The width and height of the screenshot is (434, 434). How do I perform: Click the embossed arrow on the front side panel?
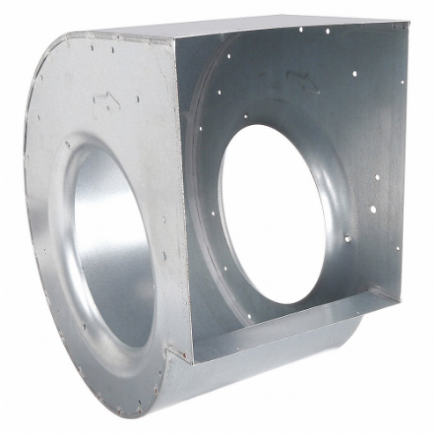pyautogui.click(x=107, y=105)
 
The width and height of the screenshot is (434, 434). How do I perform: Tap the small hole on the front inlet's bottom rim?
pyautogui.click(x=124, y=360)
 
